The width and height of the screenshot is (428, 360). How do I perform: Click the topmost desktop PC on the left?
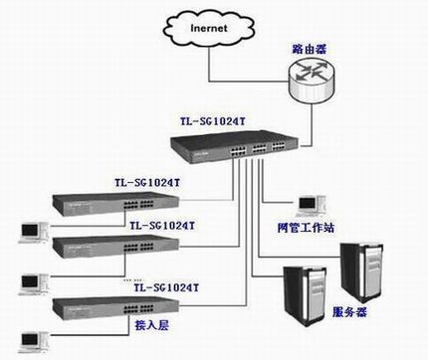(x=32, y=228)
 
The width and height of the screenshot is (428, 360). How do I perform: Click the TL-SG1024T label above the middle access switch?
(x=162, y=227)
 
